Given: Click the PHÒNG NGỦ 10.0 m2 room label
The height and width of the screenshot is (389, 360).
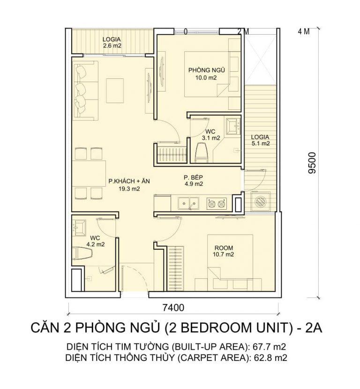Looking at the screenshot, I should point(203,74).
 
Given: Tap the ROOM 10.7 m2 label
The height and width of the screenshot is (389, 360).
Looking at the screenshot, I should point(224,251).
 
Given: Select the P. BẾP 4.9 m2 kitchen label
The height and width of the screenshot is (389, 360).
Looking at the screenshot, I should point(193,181).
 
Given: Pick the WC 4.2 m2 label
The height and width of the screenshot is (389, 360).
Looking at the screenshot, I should point(95,241).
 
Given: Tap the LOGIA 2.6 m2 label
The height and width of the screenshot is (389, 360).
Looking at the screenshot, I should point(112,43).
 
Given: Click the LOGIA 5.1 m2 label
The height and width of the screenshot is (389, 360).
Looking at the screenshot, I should point(260,140).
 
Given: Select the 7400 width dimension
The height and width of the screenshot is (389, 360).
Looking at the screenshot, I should point(173,308).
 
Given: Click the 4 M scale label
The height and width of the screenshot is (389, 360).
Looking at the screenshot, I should point(304,32).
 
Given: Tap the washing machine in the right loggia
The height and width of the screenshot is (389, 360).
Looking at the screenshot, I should point(260,202).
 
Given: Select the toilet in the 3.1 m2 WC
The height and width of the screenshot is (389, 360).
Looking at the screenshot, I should point(201,152).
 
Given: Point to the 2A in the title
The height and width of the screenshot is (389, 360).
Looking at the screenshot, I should point(313,328).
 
